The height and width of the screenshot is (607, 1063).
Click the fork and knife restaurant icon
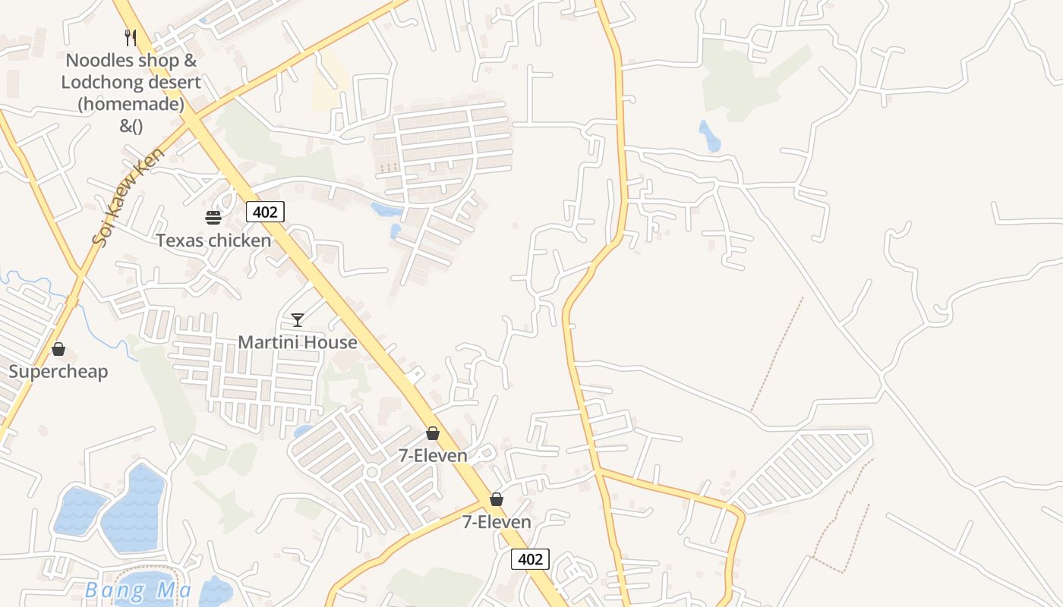click(131, 37)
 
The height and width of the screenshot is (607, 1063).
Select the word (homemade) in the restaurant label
click(131, 104)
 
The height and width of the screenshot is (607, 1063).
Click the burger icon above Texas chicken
click(213, 218)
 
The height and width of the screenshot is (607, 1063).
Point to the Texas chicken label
click(213, 241)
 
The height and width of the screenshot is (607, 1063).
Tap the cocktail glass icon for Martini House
click(298, 319)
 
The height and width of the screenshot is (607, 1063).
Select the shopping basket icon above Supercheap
click(58, 349)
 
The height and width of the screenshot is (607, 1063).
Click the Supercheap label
click(58, 371)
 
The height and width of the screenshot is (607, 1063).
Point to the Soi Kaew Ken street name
click(128, 197)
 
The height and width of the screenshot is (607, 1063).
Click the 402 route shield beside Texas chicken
click(265, 212)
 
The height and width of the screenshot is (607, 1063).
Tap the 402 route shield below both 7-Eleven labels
click(530, 559)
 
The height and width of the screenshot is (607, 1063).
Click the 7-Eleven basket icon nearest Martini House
click(433, 433)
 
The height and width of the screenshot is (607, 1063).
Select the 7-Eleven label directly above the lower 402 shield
click(497, 522)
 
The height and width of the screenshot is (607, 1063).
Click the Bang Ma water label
click(137, 590)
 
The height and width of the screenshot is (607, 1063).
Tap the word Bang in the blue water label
click(104, 590)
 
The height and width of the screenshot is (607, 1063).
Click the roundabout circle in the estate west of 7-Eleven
click(371, 472)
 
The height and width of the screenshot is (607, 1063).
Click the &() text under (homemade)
click(131, 126)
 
